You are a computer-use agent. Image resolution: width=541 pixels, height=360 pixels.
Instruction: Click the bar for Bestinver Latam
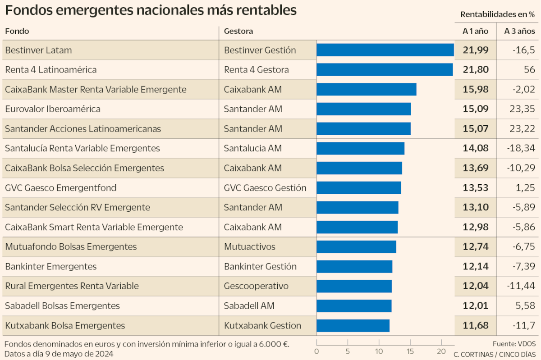coord(385,50)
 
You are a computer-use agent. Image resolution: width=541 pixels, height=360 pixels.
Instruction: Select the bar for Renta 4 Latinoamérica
coord(385,70)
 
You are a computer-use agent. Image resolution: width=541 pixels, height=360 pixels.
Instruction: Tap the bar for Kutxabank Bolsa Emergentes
coord(353,325)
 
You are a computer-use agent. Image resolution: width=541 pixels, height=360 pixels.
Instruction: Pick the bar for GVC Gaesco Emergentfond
coord(359,188)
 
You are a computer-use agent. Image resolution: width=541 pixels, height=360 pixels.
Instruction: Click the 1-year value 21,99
coord(475,50)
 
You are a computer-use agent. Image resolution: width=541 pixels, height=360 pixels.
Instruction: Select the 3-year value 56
coord(529,70)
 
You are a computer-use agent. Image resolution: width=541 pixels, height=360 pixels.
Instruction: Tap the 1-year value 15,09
coord(475,109)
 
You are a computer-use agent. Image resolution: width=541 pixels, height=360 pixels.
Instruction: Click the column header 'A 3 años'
coord(520,31)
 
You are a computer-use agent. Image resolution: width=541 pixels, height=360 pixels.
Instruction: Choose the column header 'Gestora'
coord(238,31)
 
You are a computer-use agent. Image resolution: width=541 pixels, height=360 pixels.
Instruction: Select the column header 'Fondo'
coord(17,31)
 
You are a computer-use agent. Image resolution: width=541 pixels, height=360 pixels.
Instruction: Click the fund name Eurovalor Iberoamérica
coord(53,109)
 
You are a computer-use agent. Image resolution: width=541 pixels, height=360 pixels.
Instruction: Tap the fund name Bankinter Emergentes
coord(51,266)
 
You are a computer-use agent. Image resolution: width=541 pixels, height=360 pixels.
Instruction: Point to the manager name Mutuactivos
coord(249,247)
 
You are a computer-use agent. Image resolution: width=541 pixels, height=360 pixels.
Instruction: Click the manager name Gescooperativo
coord(256,286)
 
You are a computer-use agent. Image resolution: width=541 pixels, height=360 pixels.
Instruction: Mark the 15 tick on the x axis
coord(410,351)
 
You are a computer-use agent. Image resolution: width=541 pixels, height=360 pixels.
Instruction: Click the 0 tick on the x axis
coord(317,351)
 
